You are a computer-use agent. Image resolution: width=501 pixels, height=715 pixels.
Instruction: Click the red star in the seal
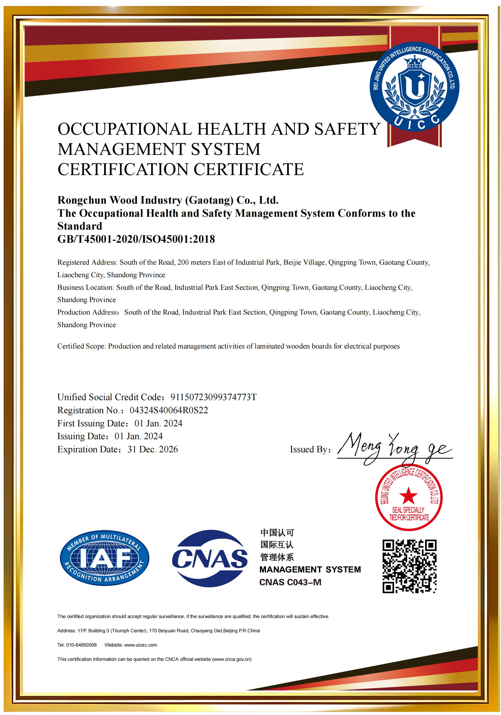(408, 495)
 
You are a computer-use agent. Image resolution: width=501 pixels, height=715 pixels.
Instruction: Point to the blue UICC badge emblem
(414, 86)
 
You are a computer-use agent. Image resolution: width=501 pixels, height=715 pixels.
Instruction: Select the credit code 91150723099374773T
(213, 397)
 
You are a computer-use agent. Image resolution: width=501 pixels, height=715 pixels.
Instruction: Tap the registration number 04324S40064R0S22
(169, 410)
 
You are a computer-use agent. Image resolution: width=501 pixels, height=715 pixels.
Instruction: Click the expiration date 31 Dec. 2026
(153, 449)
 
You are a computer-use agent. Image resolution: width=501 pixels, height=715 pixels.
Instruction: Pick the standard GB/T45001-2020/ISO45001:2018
(136, 239)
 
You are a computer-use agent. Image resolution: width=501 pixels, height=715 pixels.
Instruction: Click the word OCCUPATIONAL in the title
(125, 129)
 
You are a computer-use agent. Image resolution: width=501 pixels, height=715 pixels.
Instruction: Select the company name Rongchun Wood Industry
(168, 200)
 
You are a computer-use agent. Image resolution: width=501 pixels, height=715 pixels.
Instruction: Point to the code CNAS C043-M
(290, 582)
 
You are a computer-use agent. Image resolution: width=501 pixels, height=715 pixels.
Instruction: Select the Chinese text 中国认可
(277, 533)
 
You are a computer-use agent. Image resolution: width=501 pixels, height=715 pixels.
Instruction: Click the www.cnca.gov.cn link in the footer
(232, 659)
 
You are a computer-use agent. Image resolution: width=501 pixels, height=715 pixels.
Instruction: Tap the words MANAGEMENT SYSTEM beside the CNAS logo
(310, 570)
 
